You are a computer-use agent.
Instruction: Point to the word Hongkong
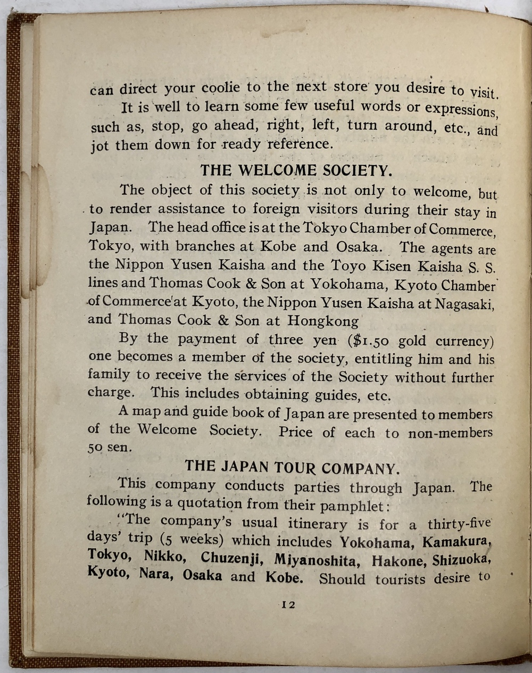click(323, 321)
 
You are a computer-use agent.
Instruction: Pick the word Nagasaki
click(465, 304)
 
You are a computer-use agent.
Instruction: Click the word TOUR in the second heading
click(295, 467)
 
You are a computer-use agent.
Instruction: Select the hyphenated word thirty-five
click(459, 523)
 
